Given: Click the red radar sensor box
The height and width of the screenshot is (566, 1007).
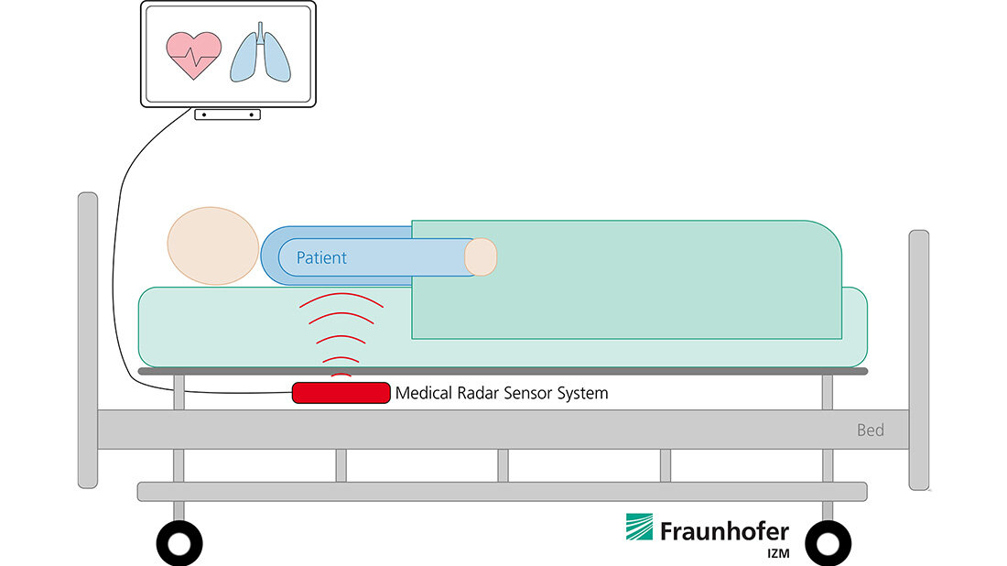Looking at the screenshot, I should [x=341, y=393].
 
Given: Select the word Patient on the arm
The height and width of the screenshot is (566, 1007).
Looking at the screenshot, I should [x=321, y=258].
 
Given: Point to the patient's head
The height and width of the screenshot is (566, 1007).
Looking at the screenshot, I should [x=212, y=245].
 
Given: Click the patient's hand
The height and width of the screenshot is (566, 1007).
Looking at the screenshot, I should [x=481, y=256].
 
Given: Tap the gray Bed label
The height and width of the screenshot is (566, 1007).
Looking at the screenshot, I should [x=870, y=430].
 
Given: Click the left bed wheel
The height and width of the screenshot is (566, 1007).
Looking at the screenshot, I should [x=179, y=543].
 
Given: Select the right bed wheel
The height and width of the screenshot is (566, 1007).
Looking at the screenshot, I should [x=828, y=543].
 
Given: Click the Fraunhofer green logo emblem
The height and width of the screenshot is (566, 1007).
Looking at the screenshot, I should [x=639, y=528].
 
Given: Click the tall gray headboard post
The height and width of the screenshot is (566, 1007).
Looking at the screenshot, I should [x=88, y=339].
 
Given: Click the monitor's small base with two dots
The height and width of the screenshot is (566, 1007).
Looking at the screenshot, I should [x=227, y=114].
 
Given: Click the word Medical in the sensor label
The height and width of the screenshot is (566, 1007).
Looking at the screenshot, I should [x=420, y=394].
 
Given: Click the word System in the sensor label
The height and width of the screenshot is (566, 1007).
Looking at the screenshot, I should [x=583, y=394].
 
